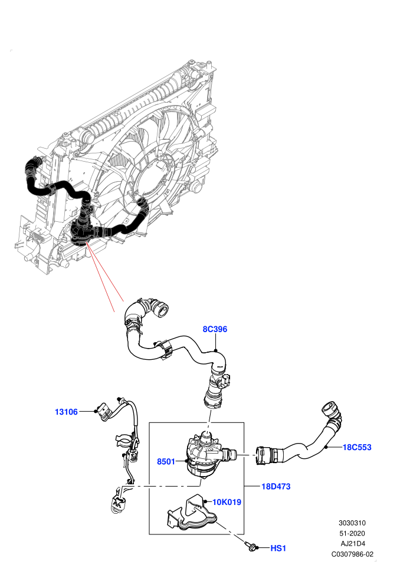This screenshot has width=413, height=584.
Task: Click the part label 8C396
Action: [215, 329]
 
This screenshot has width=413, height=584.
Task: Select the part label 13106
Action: [66, 412]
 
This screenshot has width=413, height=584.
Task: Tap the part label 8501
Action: [166, 462]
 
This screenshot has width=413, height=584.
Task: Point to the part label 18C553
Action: [357, 447]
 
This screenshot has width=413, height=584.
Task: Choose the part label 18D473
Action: [276, 487]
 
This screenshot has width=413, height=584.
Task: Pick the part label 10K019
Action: [227, 502]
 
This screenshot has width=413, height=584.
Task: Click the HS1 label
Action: [278, 548]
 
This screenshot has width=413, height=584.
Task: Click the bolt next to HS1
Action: [251, 546]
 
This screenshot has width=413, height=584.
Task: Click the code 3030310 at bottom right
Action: [352, 523]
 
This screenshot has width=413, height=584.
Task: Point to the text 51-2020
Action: [352, 533]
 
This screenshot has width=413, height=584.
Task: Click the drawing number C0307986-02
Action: [352, 554]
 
